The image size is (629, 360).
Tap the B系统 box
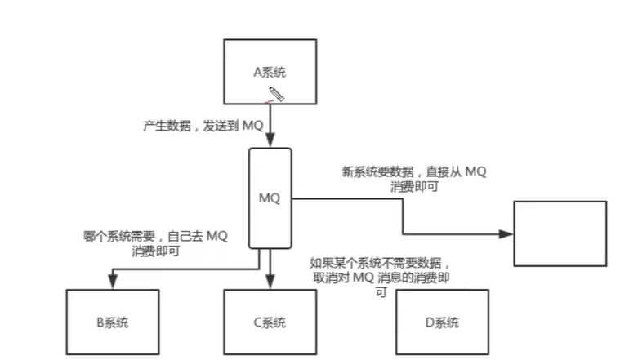(111, 322)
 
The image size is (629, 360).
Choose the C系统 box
(270, 322)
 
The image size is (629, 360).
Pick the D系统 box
(442, 322)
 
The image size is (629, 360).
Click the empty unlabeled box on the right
(560, 233)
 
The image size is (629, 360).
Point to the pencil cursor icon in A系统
(276, 94)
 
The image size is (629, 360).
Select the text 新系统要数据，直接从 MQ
(414, 172)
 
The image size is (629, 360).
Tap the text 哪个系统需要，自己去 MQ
(156, 237)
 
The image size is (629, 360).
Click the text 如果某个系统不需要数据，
(380, 263)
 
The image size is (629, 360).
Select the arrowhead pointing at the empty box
(506, 233)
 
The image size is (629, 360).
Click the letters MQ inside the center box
(270, 198)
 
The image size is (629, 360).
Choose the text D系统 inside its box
(442, 322)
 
